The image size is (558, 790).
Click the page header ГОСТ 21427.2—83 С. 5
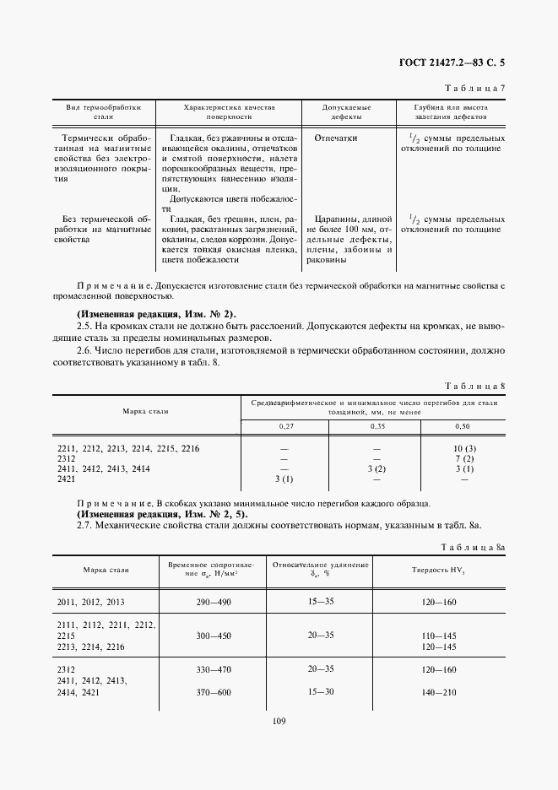(x=456, y=62)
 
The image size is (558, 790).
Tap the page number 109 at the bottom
(x=279, y=722)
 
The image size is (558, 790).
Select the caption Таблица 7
(x=476, y=89)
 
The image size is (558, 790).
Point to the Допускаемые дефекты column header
(x=346, y=112)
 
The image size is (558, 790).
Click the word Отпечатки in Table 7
(x=336, y=138)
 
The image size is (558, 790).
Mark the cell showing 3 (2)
(x=376, y=468)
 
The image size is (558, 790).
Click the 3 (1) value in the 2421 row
(x=284, y=479)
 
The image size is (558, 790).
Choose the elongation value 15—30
(x=322, y=691)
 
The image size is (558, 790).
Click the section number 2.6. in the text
(x=87, y=350)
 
